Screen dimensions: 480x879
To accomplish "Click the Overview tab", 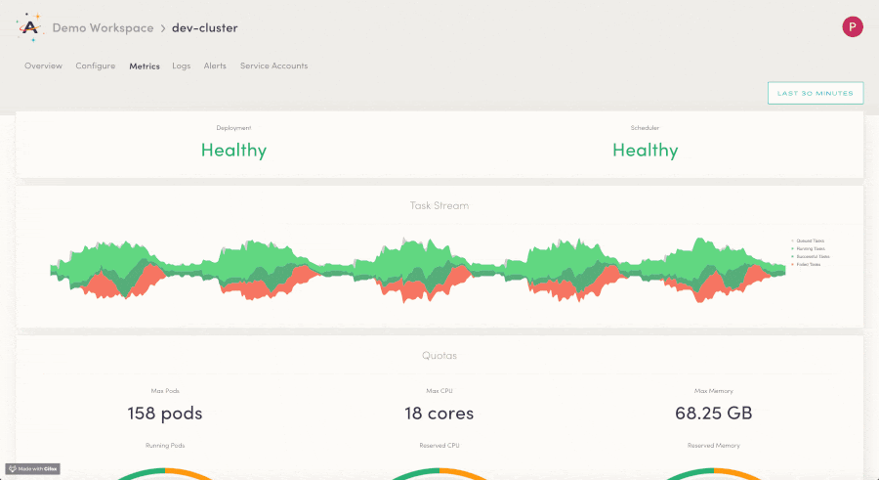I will pyautogui.click(x=43, y=66).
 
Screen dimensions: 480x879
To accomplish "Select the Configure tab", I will pyautogui.click(x=96, y=66).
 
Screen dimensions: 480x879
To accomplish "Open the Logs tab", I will pyautogui.click(x=181, y=66).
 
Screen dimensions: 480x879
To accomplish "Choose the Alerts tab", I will pyautogui.click(x=215, y=66).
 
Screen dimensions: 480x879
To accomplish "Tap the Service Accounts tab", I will pyautogui.click(x=273, y=66).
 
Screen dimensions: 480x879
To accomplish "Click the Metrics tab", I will pyautogui.click(x=145, y=66).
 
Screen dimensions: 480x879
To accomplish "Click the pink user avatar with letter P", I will pyautogui.click(x=852, y=27).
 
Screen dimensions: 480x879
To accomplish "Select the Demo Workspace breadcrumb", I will pyautogui.click(x=103, y=28).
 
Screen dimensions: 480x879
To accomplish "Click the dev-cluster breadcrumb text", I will pyautogui.click(x=204, y=28).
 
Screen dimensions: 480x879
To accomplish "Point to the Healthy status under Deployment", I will pyautogui.click(x=233, y=150).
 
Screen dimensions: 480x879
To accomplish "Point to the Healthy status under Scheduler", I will pyautogui.click(x=645, y=150).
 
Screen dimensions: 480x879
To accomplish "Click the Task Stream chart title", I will pyautogui.click(x=439, y=206).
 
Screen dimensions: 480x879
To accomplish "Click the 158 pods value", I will pyautogui.click(x=165, y=414).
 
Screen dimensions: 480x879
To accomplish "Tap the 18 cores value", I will pyautogui.click(x=439, y=414).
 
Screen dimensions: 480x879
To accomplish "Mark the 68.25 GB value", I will pyautogui.click(x=713, y=414).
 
